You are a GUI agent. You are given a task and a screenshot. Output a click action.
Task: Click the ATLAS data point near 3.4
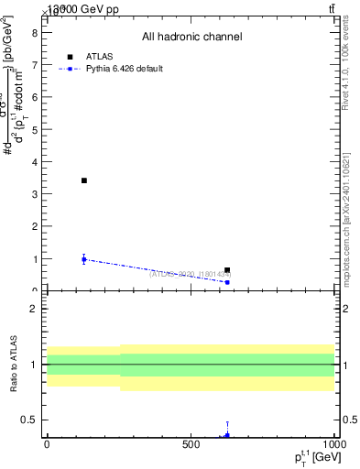[83, 180]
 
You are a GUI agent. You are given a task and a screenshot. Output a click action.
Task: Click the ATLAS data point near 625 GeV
[227, 270]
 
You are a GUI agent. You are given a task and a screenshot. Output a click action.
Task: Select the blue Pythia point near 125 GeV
[83, 259]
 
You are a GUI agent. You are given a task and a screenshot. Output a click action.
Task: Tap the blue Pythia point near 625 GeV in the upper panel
[227, 282]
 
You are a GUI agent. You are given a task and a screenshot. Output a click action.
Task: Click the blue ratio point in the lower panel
[227, 435]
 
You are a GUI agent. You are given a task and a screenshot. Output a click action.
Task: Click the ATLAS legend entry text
[99, 56]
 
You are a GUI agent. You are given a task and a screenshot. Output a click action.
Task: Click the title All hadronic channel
[191, 37]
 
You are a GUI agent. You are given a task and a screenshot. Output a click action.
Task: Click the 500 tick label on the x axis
[191, 444]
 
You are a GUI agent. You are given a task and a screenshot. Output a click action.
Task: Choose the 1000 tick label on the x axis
[333, 444]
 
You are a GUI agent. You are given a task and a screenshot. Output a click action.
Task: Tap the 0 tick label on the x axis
[47, 444]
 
